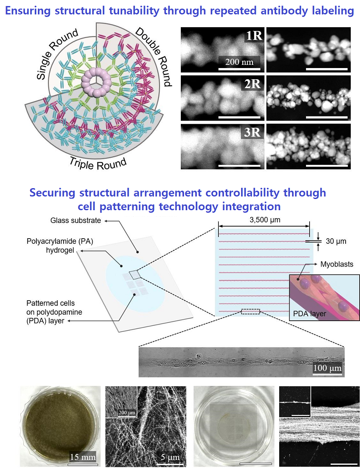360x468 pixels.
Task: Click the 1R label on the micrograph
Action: pos(254,36)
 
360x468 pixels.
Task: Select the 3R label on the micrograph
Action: pos(252,132)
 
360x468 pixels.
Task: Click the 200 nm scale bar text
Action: pos(239,62)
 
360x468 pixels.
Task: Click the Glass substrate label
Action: pos(76,221)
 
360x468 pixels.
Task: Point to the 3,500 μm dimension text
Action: pos(265,220)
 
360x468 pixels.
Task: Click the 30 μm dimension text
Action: pos(336,241)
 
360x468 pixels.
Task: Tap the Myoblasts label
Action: pos(337,264)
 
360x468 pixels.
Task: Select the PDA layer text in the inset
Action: pos(309,314)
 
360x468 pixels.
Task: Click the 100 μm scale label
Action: pos(327,368)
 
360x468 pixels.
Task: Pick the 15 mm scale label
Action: pos(83,457)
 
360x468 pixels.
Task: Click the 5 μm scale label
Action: pos(170,457)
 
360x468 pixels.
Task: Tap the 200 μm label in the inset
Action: pos(127,413)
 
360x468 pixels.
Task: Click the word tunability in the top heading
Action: pos(134,11)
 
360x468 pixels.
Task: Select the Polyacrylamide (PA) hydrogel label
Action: pos(60,246)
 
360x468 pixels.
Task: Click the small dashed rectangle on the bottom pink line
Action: pos(250,311)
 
